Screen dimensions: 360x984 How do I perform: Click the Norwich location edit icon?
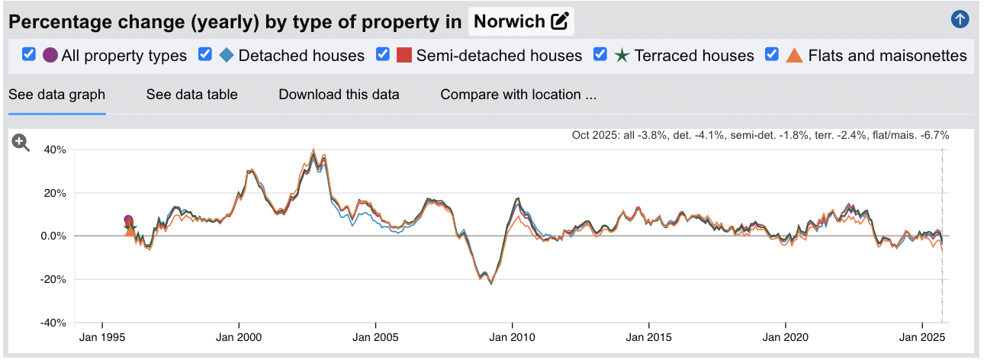(560, 21)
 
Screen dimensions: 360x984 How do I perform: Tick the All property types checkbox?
(29, 55)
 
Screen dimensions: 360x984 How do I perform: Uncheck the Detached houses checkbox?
(205, 55)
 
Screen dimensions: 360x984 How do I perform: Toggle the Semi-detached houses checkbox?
(383, 55)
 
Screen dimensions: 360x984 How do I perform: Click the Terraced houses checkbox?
(600, 55)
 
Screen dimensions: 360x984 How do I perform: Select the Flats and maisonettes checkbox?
(772, 55)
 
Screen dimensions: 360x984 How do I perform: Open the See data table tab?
(191, 95)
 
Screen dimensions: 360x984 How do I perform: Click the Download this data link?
(339, 95)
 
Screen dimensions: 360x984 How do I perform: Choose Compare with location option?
(518, 95)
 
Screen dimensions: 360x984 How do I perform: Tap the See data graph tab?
(56, 95)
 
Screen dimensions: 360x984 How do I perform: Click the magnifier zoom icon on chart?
(21, 143)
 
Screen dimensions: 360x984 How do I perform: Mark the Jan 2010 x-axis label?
(512, 336)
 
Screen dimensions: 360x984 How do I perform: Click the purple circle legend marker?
(50, 55)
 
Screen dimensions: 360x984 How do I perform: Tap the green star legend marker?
(622, 55)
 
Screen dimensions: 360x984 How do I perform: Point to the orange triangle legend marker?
(795, 55)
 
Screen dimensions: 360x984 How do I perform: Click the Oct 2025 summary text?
(760, 135)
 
